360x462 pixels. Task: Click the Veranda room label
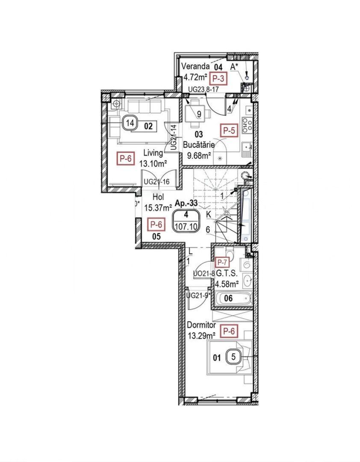[x=195, y=67]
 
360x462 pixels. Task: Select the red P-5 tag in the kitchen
[x=229, y=131]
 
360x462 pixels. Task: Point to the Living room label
[x=153, y=153]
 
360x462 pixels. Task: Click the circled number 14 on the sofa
[x=130, y=124]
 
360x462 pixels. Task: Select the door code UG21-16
[x=156, y=181]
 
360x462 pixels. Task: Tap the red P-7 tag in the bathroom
[x=222, y=262]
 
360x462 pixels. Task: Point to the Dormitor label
[x=201, y=324]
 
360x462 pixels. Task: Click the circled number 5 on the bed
[x=233, y=355]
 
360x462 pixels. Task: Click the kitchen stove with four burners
[x=247, y=124]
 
